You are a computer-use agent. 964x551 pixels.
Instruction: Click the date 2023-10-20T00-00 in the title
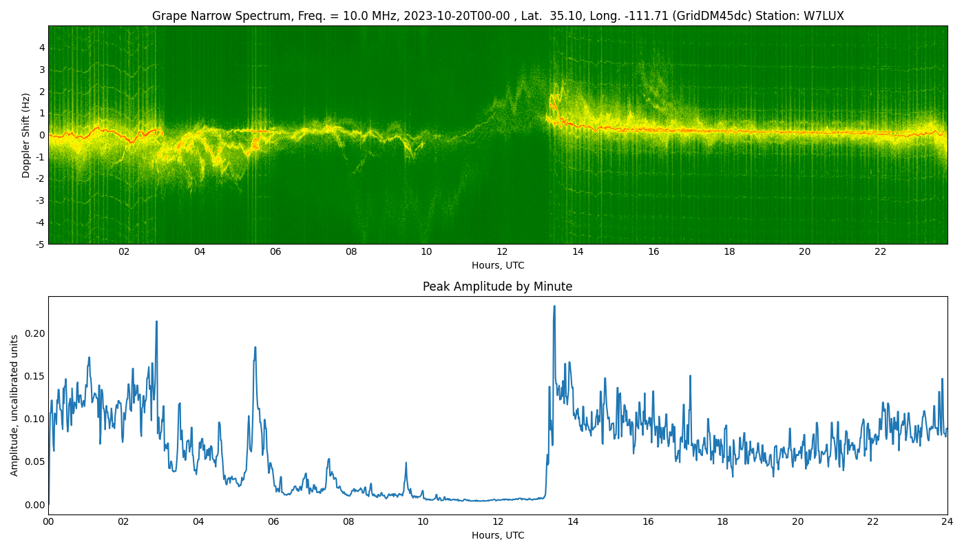pyautogui.click(x=457, y=16)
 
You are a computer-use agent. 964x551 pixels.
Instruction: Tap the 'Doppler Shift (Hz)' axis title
pyautogui.click(x=26, y=135)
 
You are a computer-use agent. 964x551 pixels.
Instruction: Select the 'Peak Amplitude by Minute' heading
pyautogui.click(x=497, y=287)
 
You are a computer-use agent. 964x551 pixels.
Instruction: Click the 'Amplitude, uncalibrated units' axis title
pyautogui.click(x=14, y=406)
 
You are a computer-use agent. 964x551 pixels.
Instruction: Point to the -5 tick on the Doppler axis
pyautogui.click(x=41, y=245)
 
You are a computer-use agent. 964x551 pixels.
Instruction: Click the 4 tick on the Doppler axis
pyautogui.click(x=42, y=48)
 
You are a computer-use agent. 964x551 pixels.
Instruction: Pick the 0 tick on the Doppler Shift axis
pyautogui.click(x=42, y=135)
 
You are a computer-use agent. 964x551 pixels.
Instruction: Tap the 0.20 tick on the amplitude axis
pyautogui.click(x=35, y=333)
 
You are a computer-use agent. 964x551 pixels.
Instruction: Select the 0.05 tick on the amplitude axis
pyautogui.click(x=35, y=462)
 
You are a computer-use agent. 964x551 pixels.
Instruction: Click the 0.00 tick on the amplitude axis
pyautogui.click(x=35, y=505)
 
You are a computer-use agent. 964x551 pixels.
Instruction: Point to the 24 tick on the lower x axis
pyautogui.click(x=947, y=522)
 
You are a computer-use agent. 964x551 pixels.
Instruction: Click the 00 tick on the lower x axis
pyautogui.click(x=48, y=522)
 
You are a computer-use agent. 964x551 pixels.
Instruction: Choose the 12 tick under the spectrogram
pyautogui.click(x=502, y=251)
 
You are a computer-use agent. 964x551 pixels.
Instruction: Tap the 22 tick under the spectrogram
pyautogui.click(x=881, y=251)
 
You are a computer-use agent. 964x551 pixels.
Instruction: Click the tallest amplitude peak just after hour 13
pyautogui.click(x=554, y=306)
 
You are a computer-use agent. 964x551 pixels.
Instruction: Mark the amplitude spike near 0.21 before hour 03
pyautogui.click(x=157, y=322)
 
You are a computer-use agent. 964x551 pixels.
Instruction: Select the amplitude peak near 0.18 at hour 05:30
pyautogui.click(x=255, y=347)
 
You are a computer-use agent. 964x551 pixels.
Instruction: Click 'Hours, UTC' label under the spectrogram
pyautogui.click(x=498, y=265)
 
